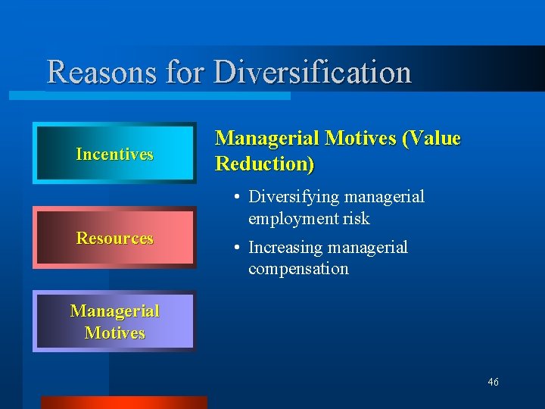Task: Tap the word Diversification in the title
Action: click(x=313, y=73)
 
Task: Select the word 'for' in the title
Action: click(x=185, y=73)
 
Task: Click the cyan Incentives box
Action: click(x=114, y=154)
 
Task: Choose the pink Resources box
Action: click(x=114, y=238)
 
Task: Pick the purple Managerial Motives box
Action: click(x=114, y=321)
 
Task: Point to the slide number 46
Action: click(x=493, y=382)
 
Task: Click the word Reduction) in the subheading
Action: click(x=264, y=164)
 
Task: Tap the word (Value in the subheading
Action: click(x=431, y=138)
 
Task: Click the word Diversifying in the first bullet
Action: click(x=294, y=197)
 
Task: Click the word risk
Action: click(x=355, y=219)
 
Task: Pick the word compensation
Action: click(x=298, y=269)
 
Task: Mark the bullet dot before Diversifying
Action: click(x=237, y=198)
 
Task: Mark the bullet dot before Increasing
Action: click(x=237, y=248)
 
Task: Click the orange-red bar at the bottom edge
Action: click(x=123, y=402)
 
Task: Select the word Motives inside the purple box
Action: click(x=114, y=333)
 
